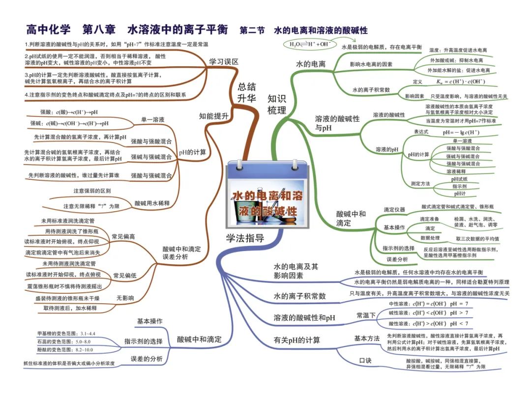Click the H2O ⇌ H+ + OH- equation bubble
pos(310,44)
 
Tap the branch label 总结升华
pos(247,92)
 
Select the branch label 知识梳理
pos(277,104)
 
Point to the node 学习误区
pos(224,62)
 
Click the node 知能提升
pos(214,116)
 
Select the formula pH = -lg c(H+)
pos(461,132)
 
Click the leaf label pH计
pos(460,194)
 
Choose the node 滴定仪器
pos(394,210)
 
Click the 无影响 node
pos(125,298)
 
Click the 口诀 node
pos(365,361)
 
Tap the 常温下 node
pos(366,315)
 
